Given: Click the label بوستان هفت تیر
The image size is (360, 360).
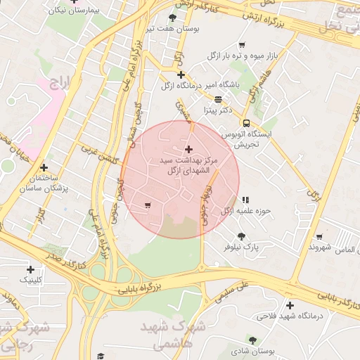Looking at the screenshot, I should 172,29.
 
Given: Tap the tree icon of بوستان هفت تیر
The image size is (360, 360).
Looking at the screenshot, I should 173,18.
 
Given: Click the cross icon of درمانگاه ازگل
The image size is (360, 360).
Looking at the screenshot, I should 181,75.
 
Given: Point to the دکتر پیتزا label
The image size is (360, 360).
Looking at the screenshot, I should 218,110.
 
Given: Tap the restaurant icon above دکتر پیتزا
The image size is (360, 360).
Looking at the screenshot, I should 218,99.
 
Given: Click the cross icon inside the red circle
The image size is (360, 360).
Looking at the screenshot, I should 188,149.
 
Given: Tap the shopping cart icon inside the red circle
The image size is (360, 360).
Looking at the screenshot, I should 147,205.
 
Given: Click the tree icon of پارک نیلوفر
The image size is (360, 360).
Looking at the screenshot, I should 242,236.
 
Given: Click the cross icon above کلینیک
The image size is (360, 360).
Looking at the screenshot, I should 30,269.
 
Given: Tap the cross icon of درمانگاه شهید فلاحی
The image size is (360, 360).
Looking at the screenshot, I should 290,304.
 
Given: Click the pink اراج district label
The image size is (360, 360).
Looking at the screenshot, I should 61,83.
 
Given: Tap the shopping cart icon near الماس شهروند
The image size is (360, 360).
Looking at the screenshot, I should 320,237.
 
